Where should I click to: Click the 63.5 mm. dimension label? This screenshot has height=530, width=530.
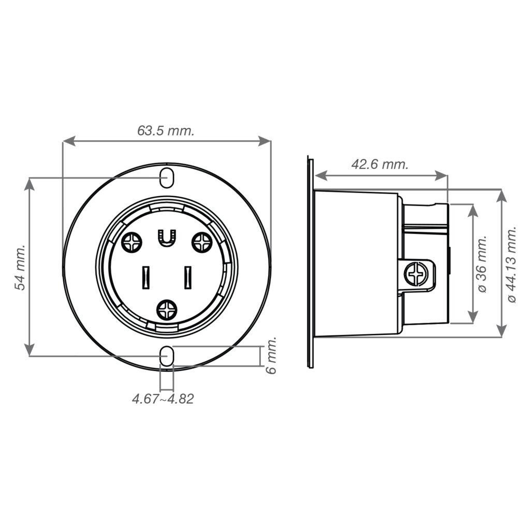pos(166,131)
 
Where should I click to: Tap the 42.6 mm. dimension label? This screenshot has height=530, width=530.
pos(380,165)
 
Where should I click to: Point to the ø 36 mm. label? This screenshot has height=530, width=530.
pos(482,264)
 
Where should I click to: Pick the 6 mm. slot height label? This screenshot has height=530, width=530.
pos(271,355)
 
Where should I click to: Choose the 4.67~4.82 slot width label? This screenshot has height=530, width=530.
pos(163,399)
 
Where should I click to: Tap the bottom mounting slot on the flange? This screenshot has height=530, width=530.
pos(166,356)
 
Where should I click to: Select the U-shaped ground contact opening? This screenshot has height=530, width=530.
pos(166,239)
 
